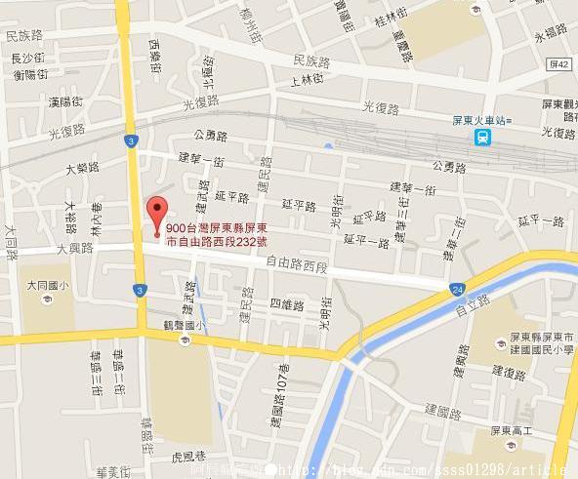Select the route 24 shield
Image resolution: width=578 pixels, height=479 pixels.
(x=458, y=289)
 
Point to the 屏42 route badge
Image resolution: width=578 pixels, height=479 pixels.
(x=559, y=61)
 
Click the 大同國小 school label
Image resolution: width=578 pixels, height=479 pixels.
(x=47, y=286)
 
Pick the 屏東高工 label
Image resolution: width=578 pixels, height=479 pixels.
(x=512, y=431)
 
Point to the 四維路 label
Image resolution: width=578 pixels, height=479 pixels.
(x=287, y=304)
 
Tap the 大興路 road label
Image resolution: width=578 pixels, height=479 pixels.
(x=74, y=248)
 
